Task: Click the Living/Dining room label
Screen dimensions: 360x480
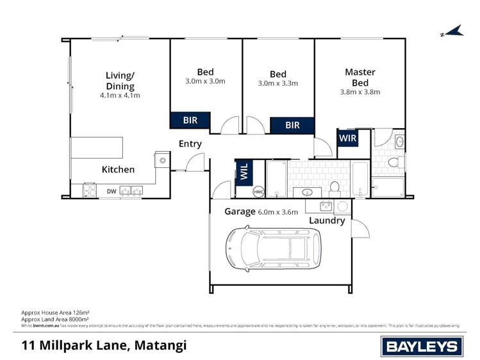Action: [x=120, y=81]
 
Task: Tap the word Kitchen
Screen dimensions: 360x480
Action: [x=119, y=170]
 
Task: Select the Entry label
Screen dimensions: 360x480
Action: [x=190, y=144]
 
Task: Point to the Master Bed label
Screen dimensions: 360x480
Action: [x=360, y=78]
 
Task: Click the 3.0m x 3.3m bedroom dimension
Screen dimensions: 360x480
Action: [x=277, y=83]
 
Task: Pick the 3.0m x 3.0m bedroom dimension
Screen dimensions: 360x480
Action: [x=205, y=81]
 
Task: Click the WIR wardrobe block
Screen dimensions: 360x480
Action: [x=347, y=138]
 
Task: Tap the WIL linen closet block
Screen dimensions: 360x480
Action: [x=244, y=172]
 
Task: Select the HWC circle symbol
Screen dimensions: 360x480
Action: [x=258, y=191]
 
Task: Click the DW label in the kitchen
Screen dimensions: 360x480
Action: [x=112, y=191]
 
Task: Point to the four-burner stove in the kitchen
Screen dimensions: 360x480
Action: [x=90, y=190]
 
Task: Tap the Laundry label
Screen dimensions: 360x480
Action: [x=327, y=220]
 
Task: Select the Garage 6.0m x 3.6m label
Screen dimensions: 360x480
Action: [x=261, y=212]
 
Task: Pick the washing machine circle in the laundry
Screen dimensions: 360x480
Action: [x=342, y=206]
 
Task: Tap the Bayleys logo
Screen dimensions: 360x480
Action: [x=421, y=347]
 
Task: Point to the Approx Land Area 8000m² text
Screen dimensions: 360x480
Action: [x=55, y=318]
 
